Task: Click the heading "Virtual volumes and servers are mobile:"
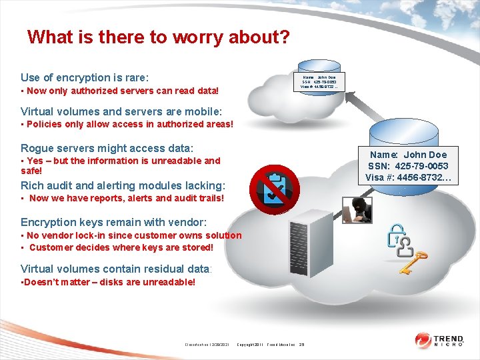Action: pyautogui.click(x=121, y=111)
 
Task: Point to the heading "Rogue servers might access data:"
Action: pyautogui.click(x=107, y=148)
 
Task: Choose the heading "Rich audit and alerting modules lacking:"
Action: pyautogui.click(x=123, y=185)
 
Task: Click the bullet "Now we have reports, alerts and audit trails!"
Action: pyautogui.click(x=125, y=198)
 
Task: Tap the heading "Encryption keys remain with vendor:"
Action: pyautogui.click(x=114, y=222)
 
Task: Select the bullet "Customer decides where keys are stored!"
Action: pyautogui.click(x=120, y=247)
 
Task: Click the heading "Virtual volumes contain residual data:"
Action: pyautogui.click(x=117, y=269)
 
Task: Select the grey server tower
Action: pyautogui.click(x=307, y=245)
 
